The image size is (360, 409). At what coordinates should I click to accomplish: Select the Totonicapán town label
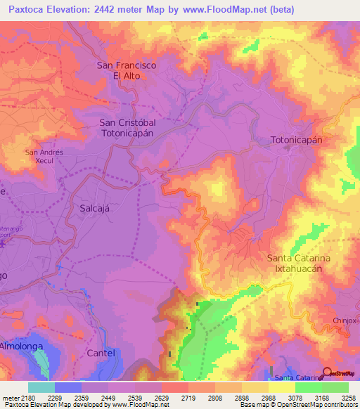point(296,140)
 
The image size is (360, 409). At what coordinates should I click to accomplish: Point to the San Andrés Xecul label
point(44,156)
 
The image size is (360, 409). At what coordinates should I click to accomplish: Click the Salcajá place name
point(95,209)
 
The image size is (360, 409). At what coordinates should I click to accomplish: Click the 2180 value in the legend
point(27,397)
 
